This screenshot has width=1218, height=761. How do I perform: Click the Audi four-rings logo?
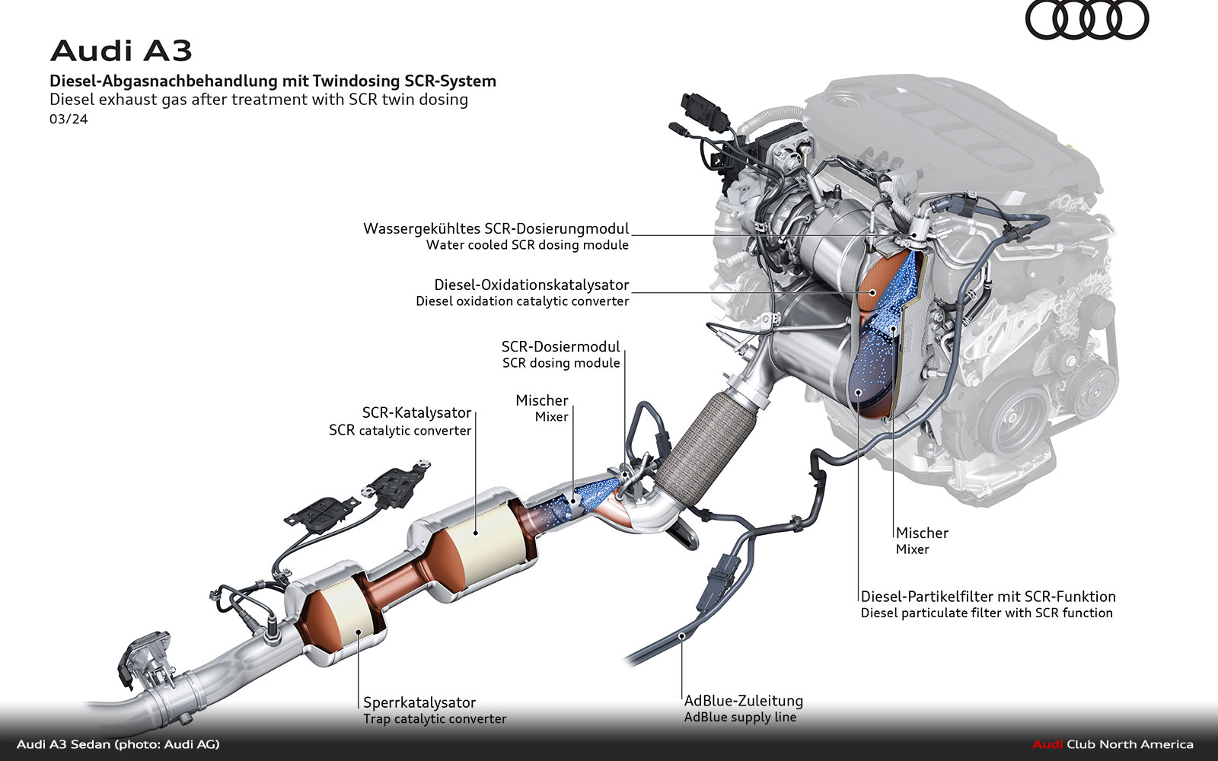[1086, 20]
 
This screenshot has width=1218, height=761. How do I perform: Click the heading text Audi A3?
[121, 51]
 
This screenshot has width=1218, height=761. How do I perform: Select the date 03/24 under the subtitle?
[69, 119]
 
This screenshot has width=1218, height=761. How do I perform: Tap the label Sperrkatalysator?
[419, 702]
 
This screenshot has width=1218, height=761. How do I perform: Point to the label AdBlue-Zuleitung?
[744, 701]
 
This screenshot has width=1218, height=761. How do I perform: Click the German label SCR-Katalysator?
[416, 412]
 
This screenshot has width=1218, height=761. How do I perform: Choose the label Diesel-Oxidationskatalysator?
[531, 285]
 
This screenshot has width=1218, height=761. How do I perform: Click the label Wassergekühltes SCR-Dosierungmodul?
[496, 228]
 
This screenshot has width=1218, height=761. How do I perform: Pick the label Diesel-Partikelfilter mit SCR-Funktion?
[988, 597]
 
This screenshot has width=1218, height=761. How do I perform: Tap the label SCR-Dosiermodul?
[560, 346]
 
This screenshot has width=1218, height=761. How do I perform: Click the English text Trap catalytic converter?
[435, 719]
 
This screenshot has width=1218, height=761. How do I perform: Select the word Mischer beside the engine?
[922, 533]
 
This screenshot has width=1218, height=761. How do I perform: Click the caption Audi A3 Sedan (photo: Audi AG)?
[118, 744]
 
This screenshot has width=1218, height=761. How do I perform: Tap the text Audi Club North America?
[1113, 744]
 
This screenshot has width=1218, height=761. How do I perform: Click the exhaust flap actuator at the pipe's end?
[145, 658]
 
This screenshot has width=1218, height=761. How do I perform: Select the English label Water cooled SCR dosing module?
[528, 245]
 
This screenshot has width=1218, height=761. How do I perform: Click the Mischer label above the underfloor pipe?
[541, 400]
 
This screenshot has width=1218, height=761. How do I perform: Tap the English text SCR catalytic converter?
[400, 431]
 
